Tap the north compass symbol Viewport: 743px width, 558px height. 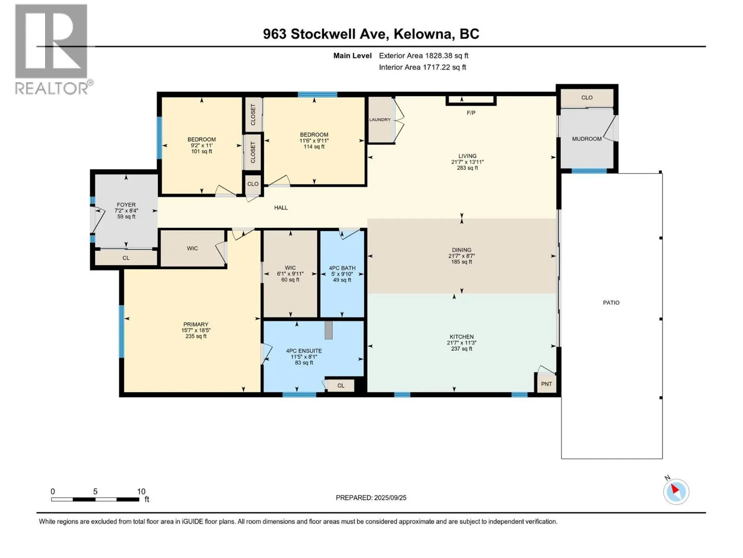(676, 491)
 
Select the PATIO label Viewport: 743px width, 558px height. (611, 303)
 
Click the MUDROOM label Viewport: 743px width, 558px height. (587, 139)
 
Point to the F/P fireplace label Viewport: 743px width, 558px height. (471, 113)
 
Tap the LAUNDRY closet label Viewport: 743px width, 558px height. (380, 120)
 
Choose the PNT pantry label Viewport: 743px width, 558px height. (546, 384)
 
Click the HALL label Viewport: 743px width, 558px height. (280, 208)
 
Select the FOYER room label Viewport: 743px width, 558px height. (126, 205)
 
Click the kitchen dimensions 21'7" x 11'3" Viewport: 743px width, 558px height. (462, 343)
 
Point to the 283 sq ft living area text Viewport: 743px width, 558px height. (467, 168)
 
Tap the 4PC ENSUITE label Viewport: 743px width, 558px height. (304, 351)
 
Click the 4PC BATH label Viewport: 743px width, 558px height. (342, 268)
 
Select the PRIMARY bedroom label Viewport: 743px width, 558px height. (196, 324)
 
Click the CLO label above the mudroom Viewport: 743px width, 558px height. (587, 98)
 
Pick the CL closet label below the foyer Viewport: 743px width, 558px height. (126, 258)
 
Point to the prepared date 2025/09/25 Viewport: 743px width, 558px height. (390, 498)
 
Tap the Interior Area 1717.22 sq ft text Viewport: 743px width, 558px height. (422, 67)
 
